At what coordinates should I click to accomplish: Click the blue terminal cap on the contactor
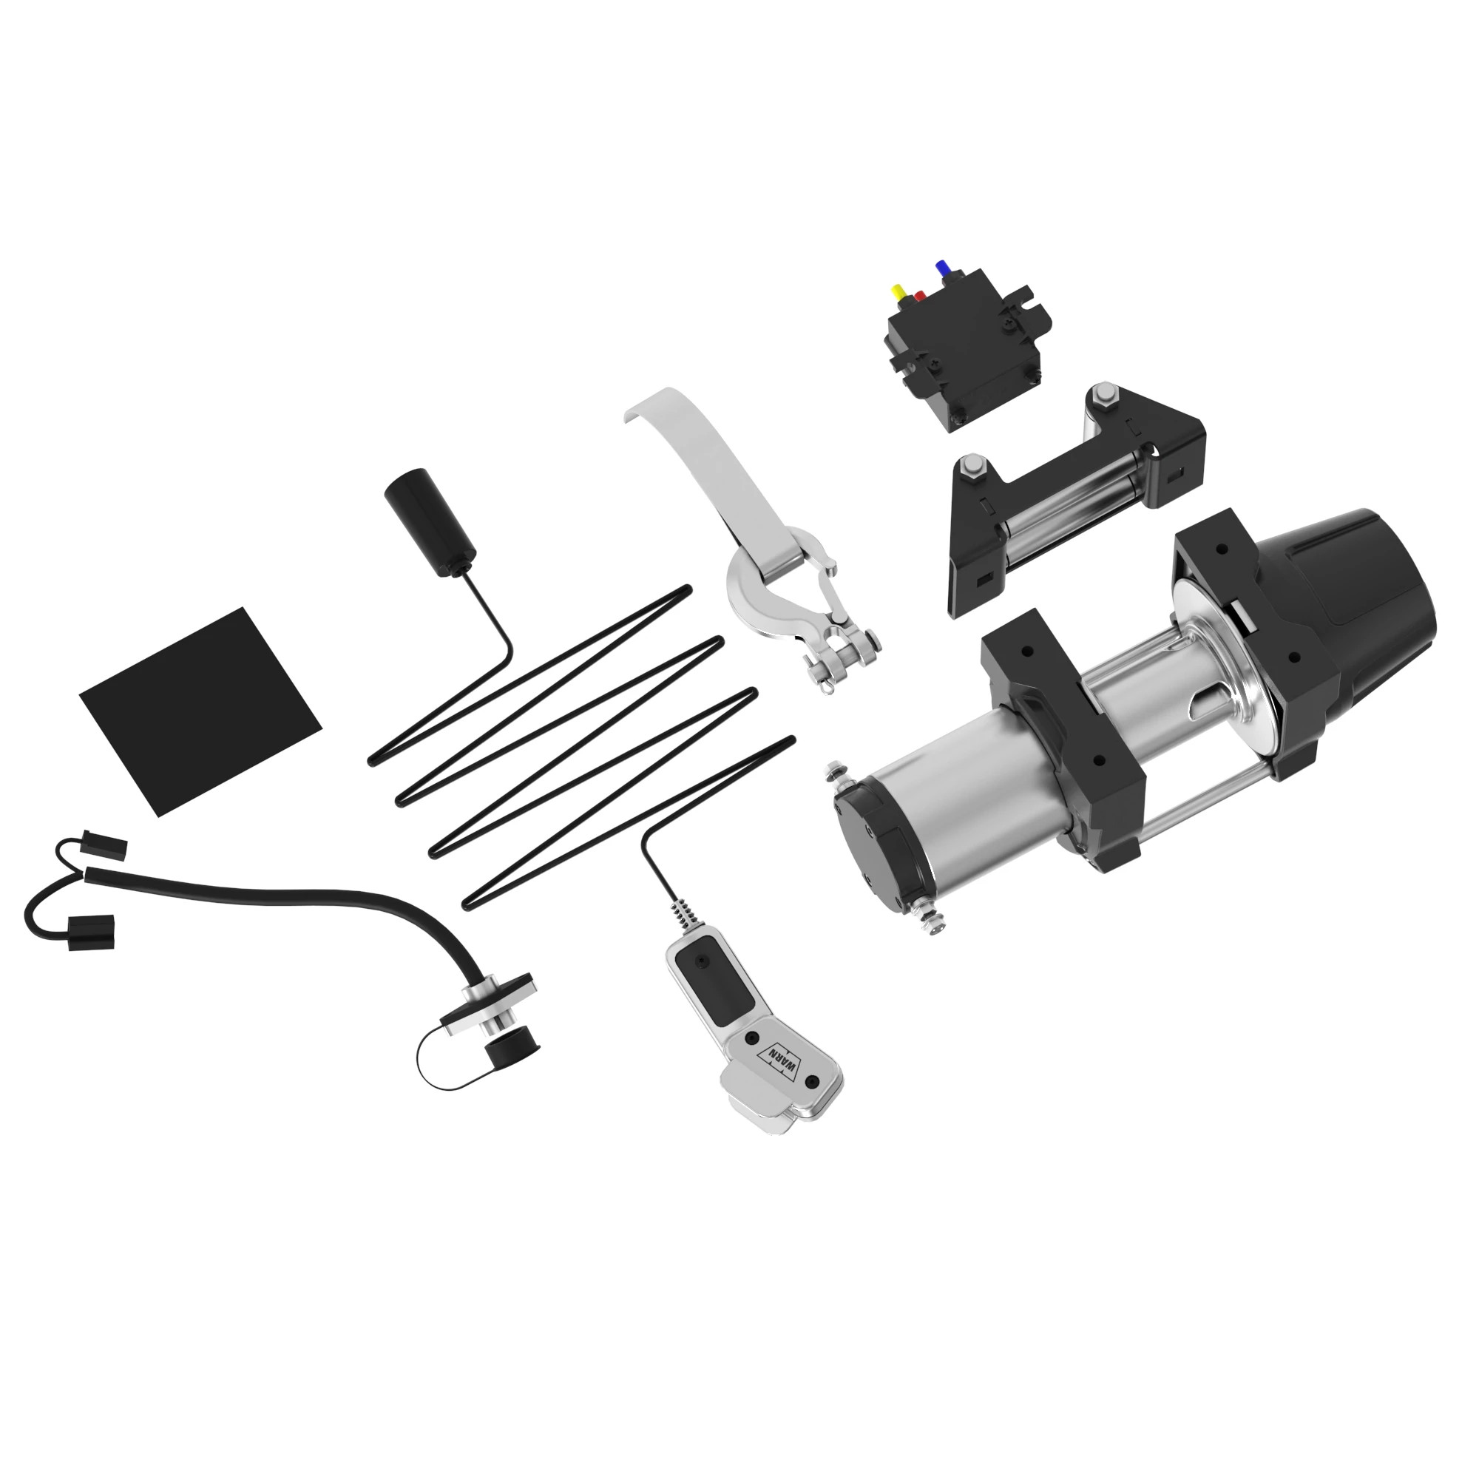[x=941, y=268]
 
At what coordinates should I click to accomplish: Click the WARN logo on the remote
[x=780, y=1063]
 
